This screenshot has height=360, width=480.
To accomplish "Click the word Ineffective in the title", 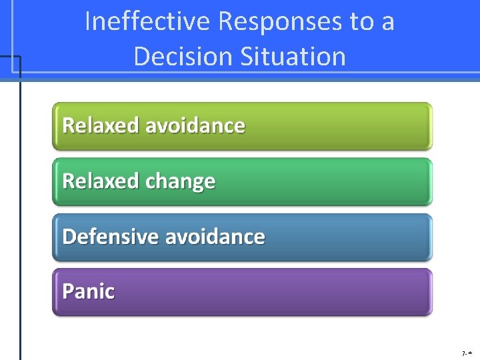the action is click(147, 22).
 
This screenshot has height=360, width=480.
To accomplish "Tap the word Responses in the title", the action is click(281, 22).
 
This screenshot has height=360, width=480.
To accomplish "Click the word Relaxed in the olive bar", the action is click(100, 125).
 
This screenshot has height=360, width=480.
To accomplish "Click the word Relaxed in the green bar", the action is click(100, 181).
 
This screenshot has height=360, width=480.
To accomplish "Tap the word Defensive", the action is click(110, 237).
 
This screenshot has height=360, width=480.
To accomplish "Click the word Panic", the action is click(88, 291).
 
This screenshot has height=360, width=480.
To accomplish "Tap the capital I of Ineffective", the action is click(88, 22).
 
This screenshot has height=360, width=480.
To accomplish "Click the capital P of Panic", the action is click(67, 291).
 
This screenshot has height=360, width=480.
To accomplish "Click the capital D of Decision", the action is click(141, 56).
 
